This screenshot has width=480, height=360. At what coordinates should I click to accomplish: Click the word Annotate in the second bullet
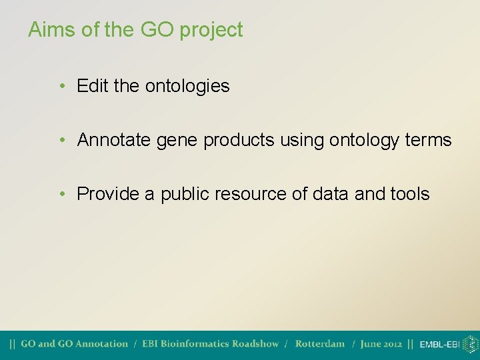coord(115,140)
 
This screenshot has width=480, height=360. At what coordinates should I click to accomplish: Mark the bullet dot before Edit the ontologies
coord(61,87)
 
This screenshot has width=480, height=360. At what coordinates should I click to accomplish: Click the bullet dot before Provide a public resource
coord(61,195)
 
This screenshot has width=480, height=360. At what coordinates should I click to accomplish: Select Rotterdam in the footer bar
coord(320,344)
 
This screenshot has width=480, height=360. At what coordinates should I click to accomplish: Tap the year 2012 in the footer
coord(391,344)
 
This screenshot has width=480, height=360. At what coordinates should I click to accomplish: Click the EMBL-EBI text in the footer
coord(439,345)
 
